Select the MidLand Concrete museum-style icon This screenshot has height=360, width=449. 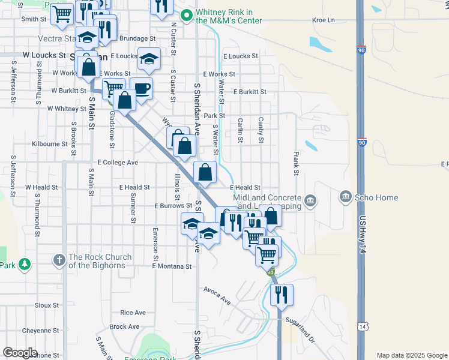pos(310,199)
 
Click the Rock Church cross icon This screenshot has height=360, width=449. pos(58,260)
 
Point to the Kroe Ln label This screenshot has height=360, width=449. pos(323,20)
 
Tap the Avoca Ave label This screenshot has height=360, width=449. pos(217,295)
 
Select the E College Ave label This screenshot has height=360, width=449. pos(118,163)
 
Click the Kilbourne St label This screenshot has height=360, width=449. pos(50,145)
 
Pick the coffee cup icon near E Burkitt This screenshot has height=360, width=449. pos(142,88)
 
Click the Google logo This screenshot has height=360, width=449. pos(20,353)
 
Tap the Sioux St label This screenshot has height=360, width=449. pos(46,305)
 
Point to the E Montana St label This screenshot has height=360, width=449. pos(172,266)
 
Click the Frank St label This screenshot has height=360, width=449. pos(296,163)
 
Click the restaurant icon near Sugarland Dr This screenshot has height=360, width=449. pos(280,295)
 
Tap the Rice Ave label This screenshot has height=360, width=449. pos(133,313)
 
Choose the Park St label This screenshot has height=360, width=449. pos(214,116)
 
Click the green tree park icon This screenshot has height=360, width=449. pos(24,264)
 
